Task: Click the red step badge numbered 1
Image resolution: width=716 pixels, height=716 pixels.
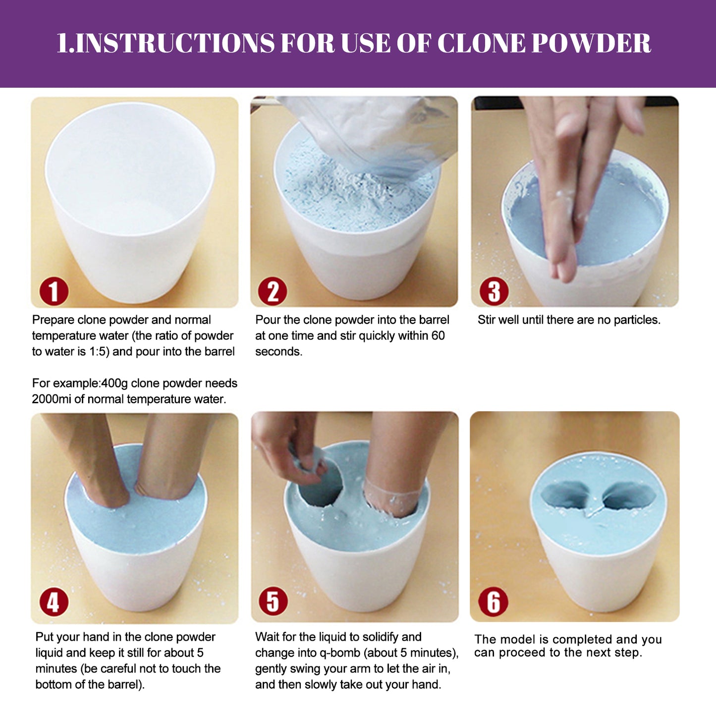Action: (x=54, y=291)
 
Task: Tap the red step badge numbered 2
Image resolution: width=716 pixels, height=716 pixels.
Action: (x=273, y=291)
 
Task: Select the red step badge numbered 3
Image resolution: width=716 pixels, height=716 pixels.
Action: (x=494, y=291)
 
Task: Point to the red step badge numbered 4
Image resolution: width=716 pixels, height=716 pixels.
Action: (x=54, y=602)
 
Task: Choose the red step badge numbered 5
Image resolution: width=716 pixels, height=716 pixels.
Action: (x=273, y=601)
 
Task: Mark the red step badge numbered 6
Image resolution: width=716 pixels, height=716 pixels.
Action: (x=493, y=602)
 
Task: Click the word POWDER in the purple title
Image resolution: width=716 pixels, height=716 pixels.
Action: (x=591, y=44)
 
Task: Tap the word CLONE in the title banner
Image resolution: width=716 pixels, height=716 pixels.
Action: (x=481, y=44)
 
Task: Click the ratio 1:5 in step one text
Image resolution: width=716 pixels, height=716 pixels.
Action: (x=99, y=351)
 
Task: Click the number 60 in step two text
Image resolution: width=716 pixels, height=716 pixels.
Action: (x=438, y=335)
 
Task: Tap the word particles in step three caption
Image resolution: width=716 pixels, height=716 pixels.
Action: (x=637, y=320)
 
